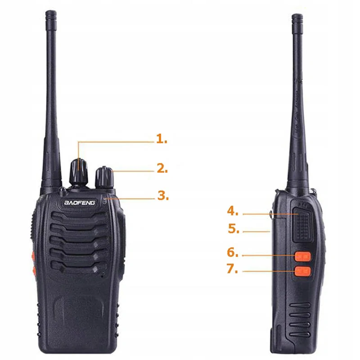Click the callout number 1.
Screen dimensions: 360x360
(161, 139)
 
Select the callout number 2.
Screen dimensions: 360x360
(162, 169)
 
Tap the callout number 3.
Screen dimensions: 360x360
(162, 196)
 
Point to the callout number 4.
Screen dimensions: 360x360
(233, 211)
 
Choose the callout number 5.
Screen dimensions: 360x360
(233, 229)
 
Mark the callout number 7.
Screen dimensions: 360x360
(233, 270)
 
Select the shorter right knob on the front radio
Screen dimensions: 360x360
(104, 177)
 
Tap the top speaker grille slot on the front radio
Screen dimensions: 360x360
(79, 220)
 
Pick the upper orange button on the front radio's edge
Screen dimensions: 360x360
(33, 256)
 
